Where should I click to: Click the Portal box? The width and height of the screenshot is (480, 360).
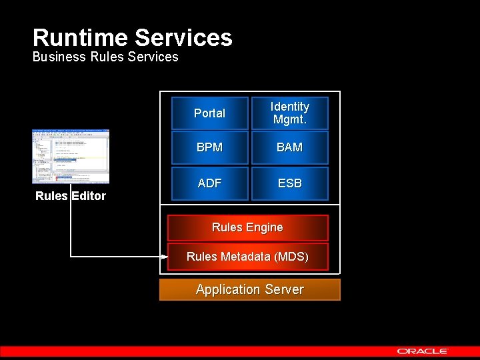[210, 113]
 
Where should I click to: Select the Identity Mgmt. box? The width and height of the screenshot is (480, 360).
[289, 113]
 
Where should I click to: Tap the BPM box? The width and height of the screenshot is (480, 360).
[210, 147]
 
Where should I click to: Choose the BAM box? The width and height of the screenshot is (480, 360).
[289, 147]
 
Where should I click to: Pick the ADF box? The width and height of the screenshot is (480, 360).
[210, 183]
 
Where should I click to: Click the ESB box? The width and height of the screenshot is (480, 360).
[289, 183]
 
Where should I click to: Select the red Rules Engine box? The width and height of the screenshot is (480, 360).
[247, 228]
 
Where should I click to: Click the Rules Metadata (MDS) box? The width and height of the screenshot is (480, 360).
[247, 257]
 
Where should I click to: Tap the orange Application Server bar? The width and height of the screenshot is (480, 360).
[249, 290]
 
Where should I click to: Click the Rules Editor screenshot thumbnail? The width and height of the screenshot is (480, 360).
[71, 156]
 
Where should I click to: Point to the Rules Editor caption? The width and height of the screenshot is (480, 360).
[71, 196]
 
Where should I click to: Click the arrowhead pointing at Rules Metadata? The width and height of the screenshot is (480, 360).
[164, 257]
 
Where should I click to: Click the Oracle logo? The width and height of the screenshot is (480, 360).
[423, 351]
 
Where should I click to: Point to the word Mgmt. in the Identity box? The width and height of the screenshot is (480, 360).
[289, 120]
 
